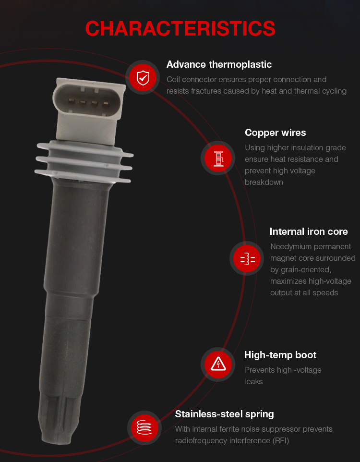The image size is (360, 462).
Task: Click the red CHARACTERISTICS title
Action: click(x=180, y=29)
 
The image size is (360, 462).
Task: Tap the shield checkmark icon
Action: click(x=143, y=78)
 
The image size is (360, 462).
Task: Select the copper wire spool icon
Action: click(x=218, y=158)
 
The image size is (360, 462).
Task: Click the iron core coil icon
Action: click(x=248, y=259)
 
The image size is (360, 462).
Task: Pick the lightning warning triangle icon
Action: click(x=218, y=364)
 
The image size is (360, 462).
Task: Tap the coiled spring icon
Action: click(x=144, y=427)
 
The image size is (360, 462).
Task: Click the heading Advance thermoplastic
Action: click(x=219, y=64)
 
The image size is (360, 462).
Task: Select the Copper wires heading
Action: click(x=275, y=133)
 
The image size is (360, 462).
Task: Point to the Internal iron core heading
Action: click(x=309, y=231)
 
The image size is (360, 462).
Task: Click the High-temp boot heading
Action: click(x=280, y=355)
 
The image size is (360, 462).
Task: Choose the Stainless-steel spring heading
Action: click(x=224, y=414)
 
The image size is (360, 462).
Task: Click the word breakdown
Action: click(x=264, y=182)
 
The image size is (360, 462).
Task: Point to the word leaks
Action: click(x=253, y=382)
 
